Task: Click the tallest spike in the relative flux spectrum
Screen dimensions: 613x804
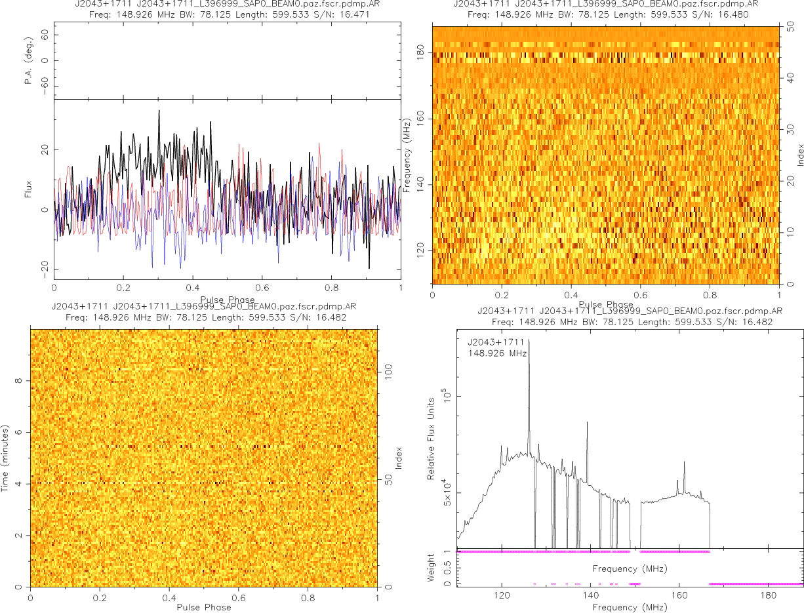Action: [529, 340]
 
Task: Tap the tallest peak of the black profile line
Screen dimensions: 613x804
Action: [159, 111]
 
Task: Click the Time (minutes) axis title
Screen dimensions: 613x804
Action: [5, 458]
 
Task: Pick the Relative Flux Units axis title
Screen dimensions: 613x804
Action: [431, 438]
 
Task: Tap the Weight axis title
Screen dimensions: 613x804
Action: [431, 568]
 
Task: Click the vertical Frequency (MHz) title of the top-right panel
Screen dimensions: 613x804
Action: [407, 155]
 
